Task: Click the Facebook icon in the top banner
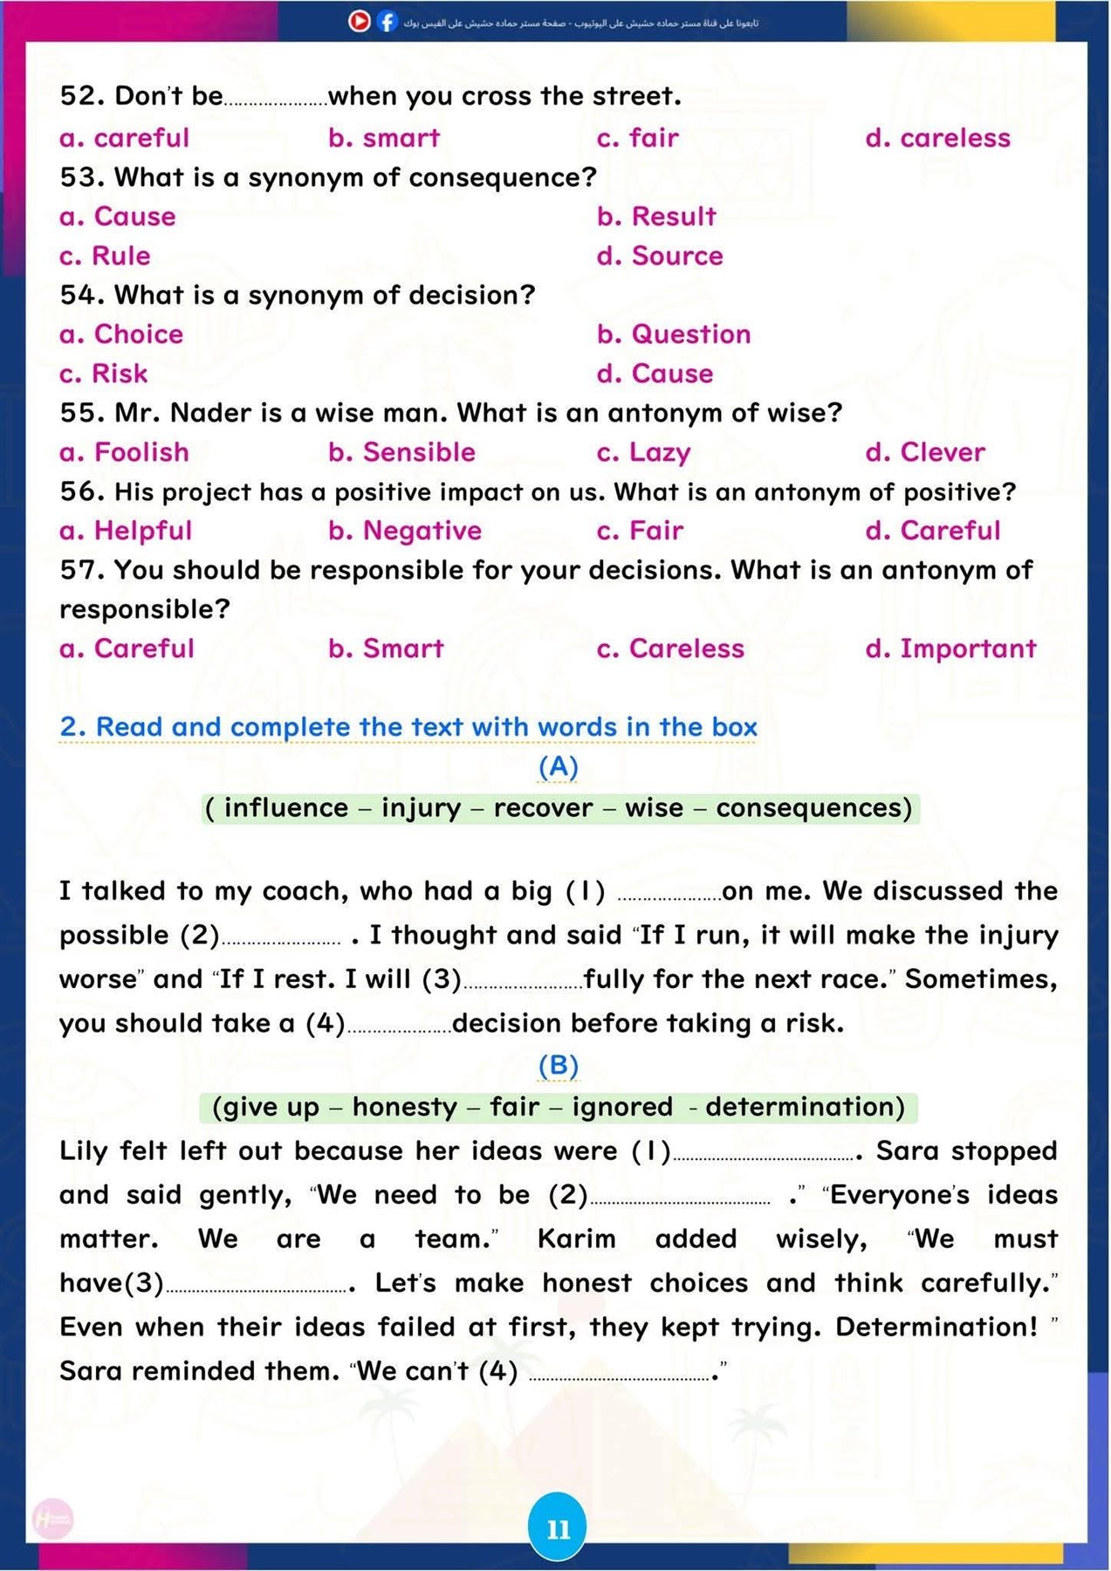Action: pyautogui.click(x=387, y=22)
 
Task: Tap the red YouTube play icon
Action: pyautogui.click(x=359, y=21)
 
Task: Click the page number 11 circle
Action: pyautogui.click(x=558, y=1528)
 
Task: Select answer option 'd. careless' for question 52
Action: pyautogui.click(x=937, y=138)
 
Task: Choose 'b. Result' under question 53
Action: pyautogui.click(x=656, y=216)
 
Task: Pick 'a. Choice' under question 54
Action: pyautogui.click(x=121, y=334)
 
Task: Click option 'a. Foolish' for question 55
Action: pyautogui.click(x=124, y=452)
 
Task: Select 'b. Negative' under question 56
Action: pyautogui.click(x=405, y=531)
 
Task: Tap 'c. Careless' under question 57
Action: pyautogui.click(x=670, y=648)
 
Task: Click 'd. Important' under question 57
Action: pyautogui.click(x=950, y=648)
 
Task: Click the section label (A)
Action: pyautogui.click(x=559, y=766)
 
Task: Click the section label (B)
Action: pyautogui.click(x=559, y=1065)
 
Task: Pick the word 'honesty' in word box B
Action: pyautogui.click(x=405, y=1107)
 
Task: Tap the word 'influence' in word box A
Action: pyautogui.click(x=286, y=808)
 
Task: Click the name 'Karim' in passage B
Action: pyautogui.click(x=576, y=1238)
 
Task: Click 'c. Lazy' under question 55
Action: pyautogui.click(x=643, y=452)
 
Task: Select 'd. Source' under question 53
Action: pyautogui.click(x=660, y=256)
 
